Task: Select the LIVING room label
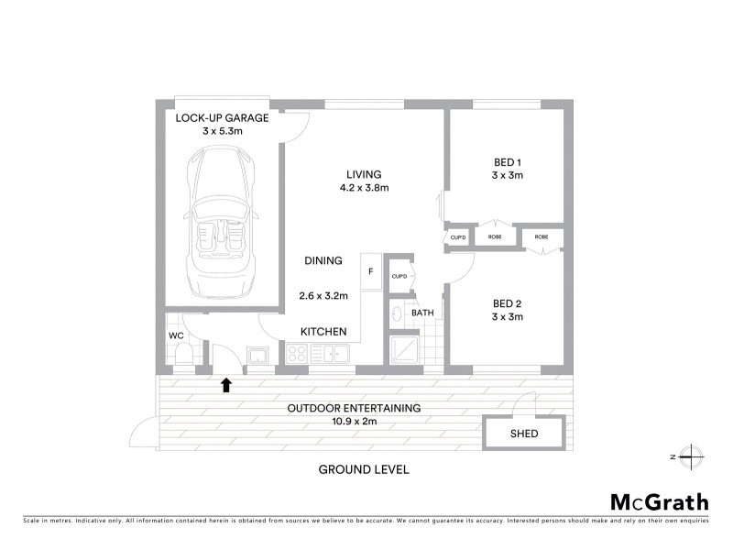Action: pos(364,174)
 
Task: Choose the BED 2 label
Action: pos(507,303)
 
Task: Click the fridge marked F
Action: pos(371,271)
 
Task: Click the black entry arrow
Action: pos(226,384)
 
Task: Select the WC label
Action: pos(177,335)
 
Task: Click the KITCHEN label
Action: pos(323,331)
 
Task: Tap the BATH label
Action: pos(422,313)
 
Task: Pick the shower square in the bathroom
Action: pos(403,349)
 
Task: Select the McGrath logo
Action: pos(660,501)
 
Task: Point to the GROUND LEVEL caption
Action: pos(363,469)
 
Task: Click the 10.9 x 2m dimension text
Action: pos(354,422)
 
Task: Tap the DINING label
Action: pos(323,260)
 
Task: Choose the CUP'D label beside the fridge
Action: pos(399,276)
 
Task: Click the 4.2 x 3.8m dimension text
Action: pos(364,189)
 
